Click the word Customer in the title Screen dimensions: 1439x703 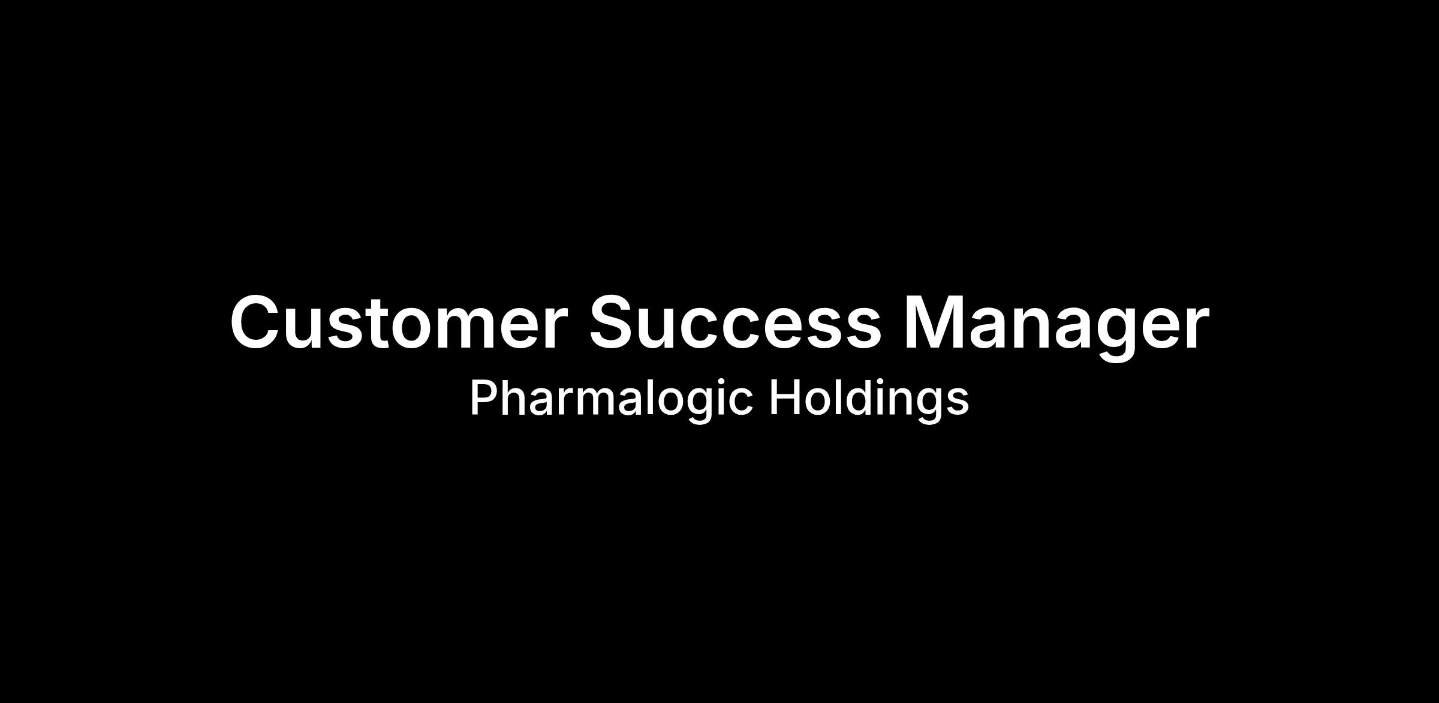(399, 322)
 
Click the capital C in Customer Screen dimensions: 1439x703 (257, 322)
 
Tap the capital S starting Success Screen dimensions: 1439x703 (614, 322)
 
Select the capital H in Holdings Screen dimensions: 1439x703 (784, 397)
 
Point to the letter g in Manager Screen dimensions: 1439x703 (1114, 336)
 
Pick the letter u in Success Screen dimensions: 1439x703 (666, 330)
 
